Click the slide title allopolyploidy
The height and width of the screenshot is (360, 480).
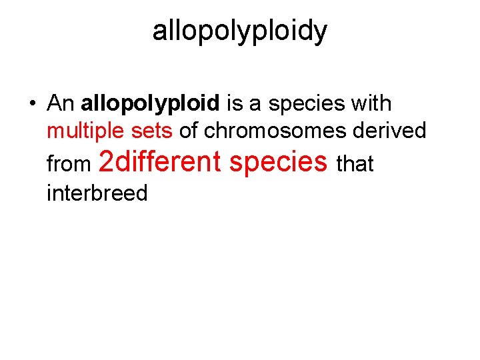pos(240,31)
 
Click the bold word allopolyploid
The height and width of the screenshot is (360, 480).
pos(150,105)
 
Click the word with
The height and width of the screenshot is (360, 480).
pos(371,103)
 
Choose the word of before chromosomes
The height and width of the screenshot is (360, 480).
pos(189,131)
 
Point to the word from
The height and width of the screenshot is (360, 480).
pos(68,163)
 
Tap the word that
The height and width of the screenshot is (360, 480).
pos(356,163)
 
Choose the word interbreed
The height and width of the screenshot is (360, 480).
pos(97,193)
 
